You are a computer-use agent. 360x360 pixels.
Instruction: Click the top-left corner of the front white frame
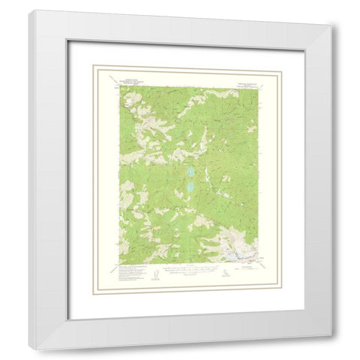[x=29, y=11]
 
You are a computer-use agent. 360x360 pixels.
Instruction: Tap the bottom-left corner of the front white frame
[x=29, y=346]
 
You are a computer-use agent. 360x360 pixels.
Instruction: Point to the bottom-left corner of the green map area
[x=118, y=264]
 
